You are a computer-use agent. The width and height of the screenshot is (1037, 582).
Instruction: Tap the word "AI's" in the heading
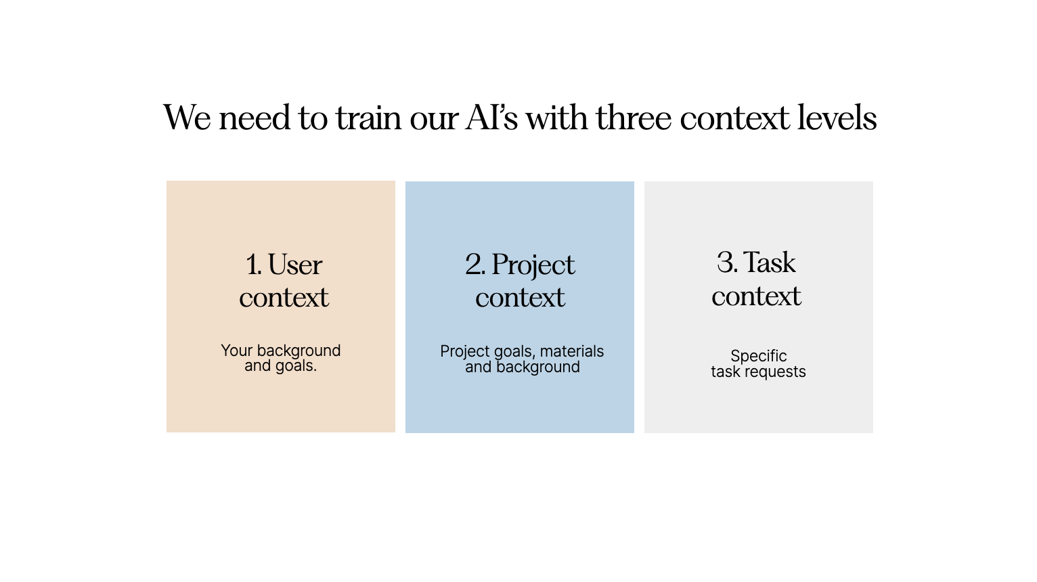click(491, 118)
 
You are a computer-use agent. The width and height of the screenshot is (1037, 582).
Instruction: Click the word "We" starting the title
click(187, 118)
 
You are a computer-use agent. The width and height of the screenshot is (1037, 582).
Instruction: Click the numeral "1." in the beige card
click(254, 265)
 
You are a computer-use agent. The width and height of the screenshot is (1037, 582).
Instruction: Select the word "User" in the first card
click(295, 265)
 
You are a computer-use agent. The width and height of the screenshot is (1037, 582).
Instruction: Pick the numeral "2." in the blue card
click(475, 265)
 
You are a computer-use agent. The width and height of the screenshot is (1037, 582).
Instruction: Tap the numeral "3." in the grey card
click(727, 263)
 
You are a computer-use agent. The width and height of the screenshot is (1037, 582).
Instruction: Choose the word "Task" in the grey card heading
click(770, 263)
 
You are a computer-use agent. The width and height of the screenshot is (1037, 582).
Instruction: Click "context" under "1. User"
click(284, 298)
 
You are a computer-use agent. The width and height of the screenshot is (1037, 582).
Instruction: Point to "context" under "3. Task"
click(756, 296)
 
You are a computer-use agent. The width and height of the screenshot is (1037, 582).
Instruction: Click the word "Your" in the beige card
click(236, 351)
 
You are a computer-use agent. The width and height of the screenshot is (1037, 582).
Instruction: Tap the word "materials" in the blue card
click(572, 351)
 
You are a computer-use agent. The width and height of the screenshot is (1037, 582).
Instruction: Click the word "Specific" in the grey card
click(758, 357)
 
